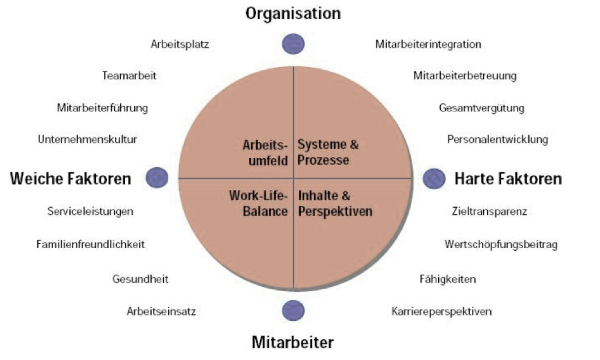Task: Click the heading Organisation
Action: (x=293, y=13)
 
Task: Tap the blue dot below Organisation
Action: (x=293, y=44)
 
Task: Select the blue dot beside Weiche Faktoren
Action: (x=157, y=177)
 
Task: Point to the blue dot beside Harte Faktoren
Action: (x=434, y=178)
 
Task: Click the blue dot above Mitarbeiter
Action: (x=293, y=311)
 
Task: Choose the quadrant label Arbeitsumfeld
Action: (x=265, y=153)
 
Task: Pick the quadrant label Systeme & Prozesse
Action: (x=328, y=153)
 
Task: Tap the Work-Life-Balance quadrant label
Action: (x=258, y=203)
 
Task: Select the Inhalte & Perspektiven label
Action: (x=334, y=203)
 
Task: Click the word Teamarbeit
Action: (x=129, y=76)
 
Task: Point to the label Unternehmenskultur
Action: (x=87, y=139)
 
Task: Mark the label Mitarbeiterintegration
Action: (x=428, y=45)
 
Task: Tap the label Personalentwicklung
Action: (x=497, y=139)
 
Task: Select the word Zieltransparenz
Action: (x=489, y=212)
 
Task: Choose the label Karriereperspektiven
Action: (x=442, y=312)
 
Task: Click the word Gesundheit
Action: (x=140, y=279)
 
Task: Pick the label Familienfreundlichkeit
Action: (x=91, y=244)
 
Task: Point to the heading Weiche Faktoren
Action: (x=70, y=178)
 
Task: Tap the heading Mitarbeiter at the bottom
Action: (x=293, y=342)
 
